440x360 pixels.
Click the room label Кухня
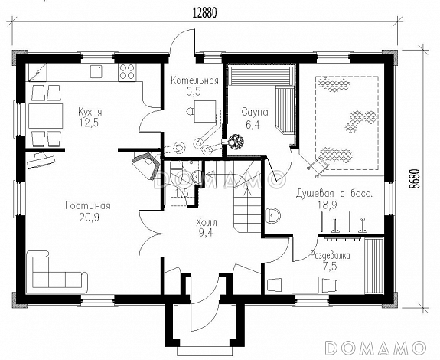pos(90,113)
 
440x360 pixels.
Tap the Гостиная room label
pos(88,206)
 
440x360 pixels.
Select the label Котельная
pos(194,81)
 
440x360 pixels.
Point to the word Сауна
pos(255,113)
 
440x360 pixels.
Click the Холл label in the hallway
pos(207,223)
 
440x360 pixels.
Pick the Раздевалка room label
pos(330,256)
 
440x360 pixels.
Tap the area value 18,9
pos(328,205)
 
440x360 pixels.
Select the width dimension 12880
pos(204,13)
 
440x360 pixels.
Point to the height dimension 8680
pos(416,180)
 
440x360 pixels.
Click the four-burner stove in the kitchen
pos(127,71)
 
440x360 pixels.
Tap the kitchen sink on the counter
pos(96,71)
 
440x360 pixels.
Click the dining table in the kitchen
pos(45,116)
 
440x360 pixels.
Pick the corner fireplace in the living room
pos(145,165)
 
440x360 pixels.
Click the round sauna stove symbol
pos(236,140)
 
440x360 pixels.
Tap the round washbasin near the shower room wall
pos(272,215)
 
